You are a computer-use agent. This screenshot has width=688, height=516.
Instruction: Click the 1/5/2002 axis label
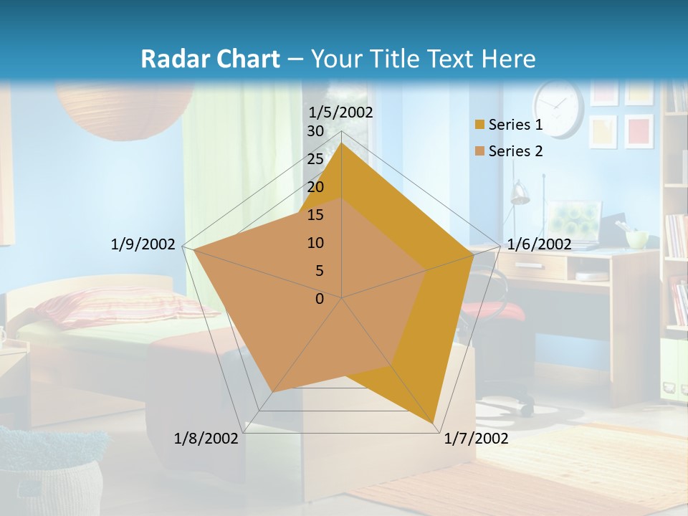pos(340,113)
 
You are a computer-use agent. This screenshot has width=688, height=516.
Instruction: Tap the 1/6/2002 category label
pos(539,244)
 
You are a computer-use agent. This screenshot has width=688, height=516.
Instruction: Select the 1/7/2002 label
pos(476,439)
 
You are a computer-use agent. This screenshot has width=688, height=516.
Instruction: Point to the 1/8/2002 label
pos(206,439)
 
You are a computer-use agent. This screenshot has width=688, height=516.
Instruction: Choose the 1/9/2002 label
pos(143,244)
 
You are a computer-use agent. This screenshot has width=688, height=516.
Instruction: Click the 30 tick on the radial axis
pos(315,131)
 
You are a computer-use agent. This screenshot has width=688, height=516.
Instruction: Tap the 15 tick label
pos(315,215)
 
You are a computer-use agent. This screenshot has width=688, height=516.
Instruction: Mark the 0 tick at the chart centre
pos(320,299)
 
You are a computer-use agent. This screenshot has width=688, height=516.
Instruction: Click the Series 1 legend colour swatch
pos(479,125)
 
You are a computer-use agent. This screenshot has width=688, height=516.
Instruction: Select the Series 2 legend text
pos(515,151)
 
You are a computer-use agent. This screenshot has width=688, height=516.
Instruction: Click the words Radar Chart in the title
pos(210,59)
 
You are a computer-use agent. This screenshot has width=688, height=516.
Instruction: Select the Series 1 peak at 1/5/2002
pos(342,143)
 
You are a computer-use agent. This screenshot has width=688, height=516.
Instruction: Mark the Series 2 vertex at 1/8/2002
pos(272,391)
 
